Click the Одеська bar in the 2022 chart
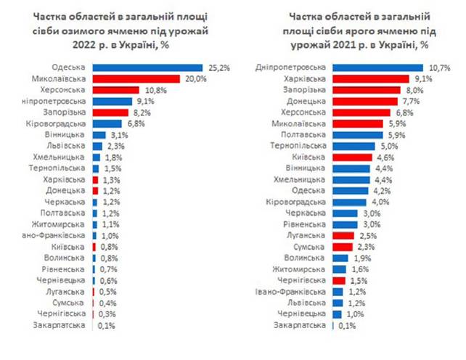pyautogui.click(x=147, y=67)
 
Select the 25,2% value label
pyautogui.click(x=219, y=68)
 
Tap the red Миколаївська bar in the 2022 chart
pyautogui.click(x=136, y=79)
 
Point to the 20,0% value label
pyautogui.click(x=196, y=79)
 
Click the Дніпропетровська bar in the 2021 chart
pyautogui.click(x=377, y=67)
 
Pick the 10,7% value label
pyautogui.click(x=440, y=68)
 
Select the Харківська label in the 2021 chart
pyautogui.click(x=305, y=79)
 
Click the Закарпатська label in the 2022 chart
pyautogui.click(x=59, y=325)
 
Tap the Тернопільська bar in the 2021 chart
pyautogui.click(x=354, y=147)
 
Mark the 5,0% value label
pyautogui.click(x=389, y=147)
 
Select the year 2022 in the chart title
pyautogui.click(x=83, y=45)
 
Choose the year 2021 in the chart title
pyautogui.click(x=343, y=45)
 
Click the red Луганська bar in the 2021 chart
pyautogui.click(x=343, y=236)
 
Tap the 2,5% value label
pyautogui.click(x=368, y=236)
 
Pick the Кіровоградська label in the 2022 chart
pyautogui.click(x=56, y=124)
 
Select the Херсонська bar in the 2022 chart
pyautogui.click(x=116, y=90)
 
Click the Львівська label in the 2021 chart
pyautogui.click(x=307, y=303)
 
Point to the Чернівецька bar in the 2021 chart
pyautogui.click(x=337, y=314)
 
